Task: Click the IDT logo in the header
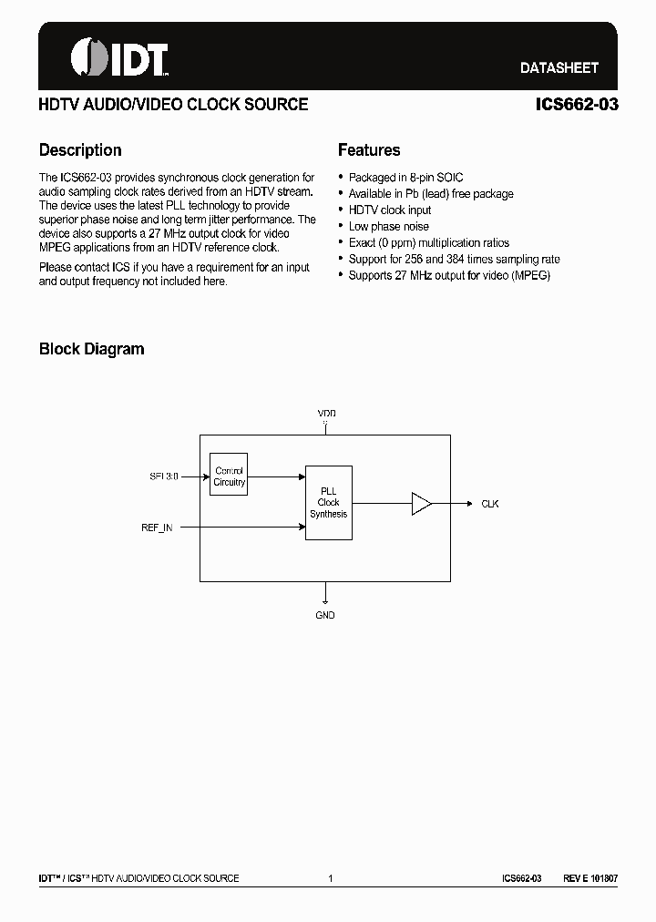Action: click(x=120, y=59)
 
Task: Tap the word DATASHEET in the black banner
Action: click(x=559, y=67)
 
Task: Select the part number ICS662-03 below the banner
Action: click(x=577, y=105)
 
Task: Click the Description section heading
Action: click(x=80, y=150)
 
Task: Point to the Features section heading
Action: click(x=369, y=150)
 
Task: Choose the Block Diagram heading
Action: click(x=91, y=349)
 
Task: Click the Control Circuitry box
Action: click(x=229, y=476)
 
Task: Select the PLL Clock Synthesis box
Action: click(x=328, y=503)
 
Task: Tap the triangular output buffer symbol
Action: click(x=421, y=503)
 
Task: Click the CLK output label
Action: click(x=490, y=504)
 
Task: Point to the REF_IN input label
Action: click(x=157, y=528)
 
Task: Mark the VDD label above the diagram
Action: click(x=326, y=414)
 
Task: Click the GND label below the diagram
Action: click(x=325, y=616)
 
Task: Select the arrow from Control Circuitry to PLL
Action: click(x=276, y=476)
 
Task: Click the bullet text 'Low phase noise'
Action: click(x=388, y=227)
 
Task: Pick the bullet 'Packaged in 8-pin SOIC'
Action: click(x=405, y=178)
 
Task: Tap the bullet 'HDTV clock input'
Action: click(x=390, y=210)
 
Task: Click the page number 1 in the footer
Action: click(x=330, y=878)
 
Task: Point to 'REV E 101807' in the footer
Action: click(x=590, y=878)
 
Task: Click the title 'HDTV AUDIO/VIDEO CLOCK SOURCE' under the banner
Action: click(x=173, y=105)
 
